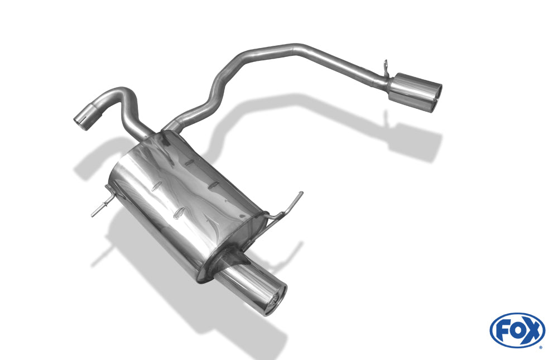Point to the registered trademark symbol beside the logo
[541, 347]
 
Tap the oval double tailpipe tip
[415, 92]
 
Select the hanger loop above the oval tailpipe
[386, 68]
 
